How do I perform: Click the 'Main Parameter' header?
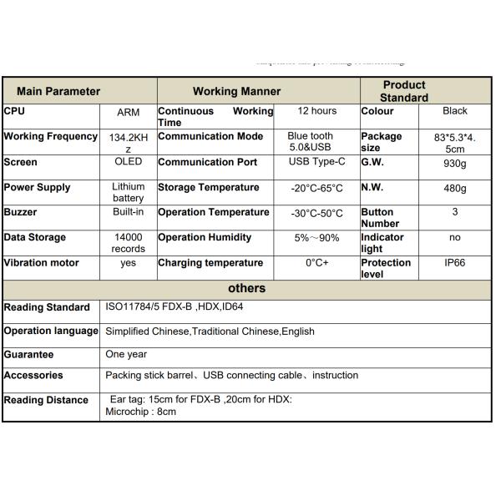click(x=58, y=91)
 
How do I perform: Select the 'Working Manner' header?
click(x=236, y=91)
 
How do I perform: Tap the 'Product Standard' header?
click(x=404, y=91)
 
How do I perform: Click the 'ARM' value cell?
click(x=128, y=112)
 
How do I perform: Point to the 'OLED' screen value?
click(x=128, y=162)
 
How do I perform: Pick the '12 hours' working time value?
click(x=316, y=111)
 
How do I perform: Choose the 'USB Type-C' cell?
click(x=316, y=162)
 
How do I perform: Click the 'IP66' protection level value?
click(x=455, y=263)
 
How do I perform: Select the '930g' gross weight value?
click(x=455, y=163)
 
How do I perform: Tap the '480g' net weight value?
click(x=455, y=188)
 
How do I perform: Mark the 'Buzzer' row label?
click(x=21, y=212)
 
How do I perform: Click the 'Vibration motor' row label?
click(x=41, y=263)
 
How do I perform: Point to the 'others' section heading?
click(x=246, y=288)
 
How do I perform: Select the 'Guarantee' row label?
click(x=28, y=354)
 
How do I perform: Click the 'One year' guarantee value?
click(x=126, y=354)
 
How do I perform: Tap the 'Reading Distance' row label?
click(x=46, y=400)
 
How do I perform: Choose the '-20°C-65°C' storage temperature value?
click(x=316, y=188)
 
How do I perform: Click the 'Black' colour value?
click(x=455, y=111)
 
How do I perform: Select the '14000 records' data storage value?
click(x=128, y=243)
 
